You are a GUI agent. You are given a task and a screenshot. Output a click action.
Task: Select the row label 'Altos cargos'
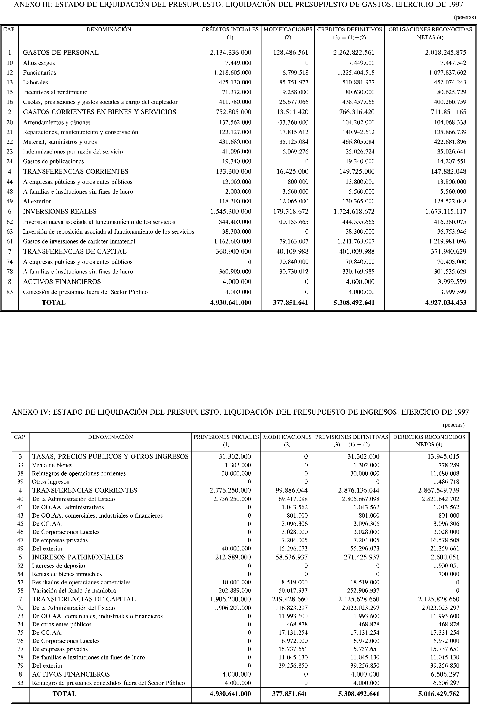coord(39,63)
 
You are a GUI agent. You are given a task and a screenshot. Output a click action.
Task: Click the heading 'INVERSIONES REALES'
coord(60,211)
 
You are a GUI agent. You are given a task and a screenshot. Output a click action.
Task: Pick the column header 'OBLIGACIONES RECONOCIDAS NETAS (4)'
coord(430,33)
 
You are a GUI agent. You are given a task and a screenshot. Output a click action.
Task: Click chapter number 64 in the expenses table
coord(10,241)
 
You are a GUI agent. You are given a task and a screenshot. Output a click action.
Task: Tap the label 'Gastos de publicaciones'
coord(53,161)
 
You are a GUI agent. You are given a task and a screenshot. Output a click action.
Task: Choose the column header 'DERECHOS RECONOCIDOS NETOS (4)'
coord(429,441)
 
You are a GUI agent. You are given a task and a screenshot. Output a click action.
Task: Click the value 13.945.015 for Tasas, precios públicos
coord(443,456)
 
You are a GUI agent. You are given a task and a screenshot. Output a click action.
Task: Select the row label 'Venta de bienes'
coord(52,465)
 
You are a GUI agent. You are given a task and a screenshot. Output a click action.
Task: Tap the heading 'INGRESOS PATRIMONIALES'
coord(78,557)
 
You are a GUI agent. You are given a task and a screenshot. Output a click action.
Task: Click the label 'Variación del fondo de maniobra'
coord(74,590)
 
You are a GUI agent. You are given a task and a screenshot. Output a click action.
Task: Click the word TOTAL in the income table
coord(64,694)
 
